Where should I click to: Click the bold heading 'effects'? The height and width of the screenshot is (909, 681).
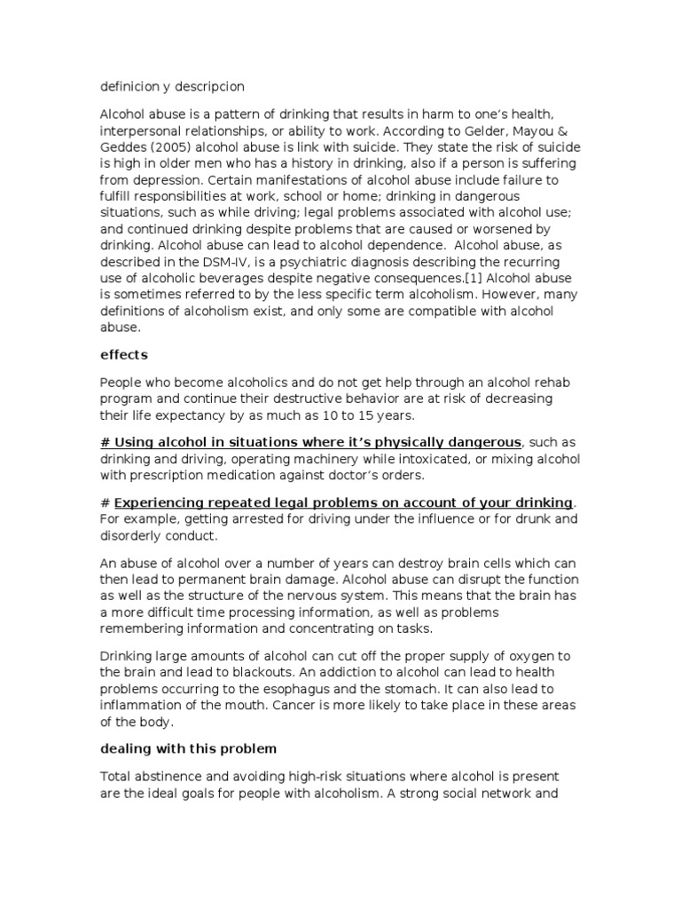[x=123, y=354]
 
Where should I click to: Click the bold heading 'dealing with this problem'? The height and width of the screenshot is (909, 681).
[x=187, y=748]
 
